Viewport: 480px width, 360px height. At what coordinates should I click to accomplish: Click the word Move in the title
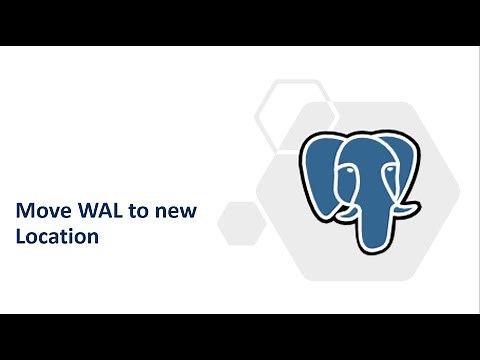coord(39,212)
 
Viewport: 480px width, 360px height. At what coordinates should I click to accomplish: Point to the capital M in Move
coord(22,212)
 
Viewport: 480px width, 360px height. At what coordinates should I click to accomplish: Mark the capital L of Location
coord(19,238)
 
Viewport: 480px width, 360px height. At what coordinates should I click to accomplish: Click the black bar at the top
coord(240,22)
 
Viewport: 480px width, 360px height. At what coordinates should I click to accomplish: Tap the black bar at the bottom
coord(240,336)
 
